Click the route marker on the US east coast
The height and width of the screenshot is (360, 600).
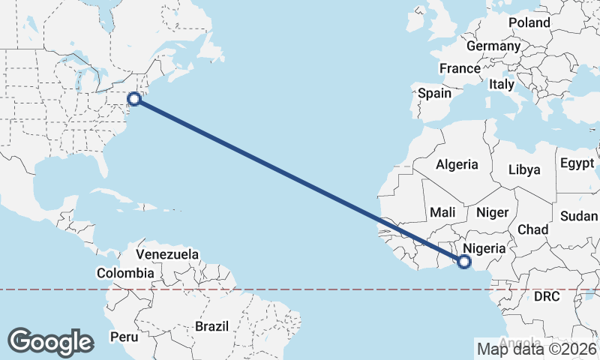134,98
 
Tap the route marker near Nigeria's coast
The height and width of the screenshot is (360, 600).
463,262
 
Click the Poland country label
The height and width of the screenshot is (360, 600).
529,22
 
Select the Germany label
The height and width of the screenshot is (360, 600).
493,46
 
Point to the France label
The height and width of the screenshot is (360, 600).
459,68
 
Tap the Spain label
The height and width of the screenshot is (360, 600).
434,94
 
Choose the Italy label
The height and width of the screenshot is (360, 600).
502,85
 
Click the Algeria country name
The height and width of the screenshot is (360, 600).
457,164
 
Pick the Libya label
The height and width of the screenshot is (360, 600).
523,169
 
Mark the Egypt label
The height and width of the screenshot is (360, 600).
576,163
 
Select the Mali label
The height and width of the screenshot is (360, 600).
443,213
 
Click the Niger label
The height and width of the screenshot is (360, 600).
492,213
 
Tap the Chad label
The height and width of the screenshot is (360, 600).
532,229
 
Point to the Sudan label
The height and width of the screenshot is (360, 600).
578,216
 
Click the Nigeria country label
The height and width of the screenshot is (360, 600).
485,247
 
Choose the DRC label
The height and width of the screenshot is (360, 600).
547,296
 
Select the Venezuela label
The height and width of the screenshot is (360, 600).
167,254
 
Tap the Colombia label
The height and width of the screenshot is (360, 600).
125,274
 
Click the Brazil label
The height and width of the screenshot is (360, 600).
211,326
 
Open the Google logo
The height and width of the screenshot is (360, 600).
50,341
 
